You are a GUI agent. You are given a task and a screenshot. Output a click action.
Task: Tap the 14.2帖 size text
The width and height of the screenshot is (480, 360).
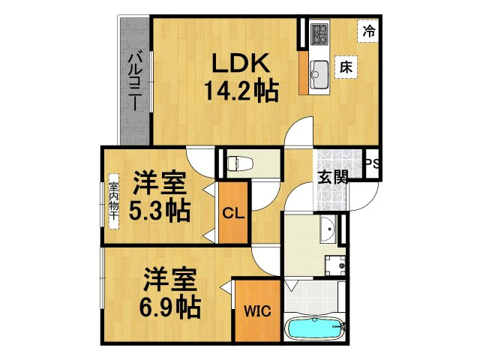coord(241,92)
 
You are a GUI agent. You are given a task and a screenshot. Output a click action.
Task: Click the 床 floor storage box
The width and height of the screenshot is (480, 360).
coord(346,67)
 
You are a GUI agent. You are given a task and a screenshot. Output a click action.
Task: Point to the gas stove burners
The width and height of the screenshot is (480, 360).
coord(319,34)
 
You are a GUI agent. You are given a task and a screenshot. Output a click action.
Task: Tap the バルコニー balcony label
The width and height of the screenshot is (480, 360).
coord(135,80)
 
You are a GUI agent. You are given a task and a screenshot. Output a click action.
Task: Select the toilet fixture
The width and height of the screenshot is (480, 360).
coord(238,163)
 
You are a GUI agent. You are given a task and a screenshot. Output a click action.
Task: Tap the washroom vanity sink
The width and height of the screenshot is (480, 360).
coord(328,231)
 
